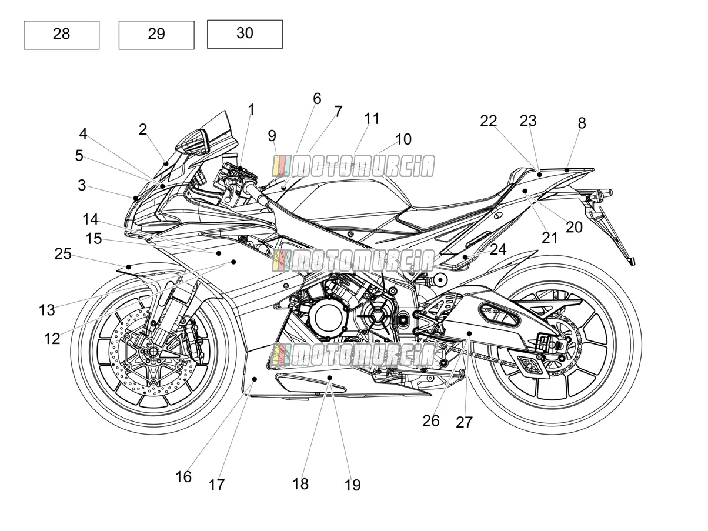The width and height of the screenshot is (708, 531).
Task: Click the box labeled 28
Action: click(61, 35)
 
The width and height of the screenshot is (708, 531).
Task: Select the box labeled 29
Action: click(156, 35)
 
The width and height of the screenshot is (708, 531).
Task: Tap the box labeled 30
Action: click(245, 34)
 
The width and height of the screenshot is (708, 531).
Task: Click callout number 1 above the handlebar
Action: click(252, 109)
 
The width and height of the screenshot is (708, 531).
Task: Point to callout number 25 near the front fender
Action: click(63, 253)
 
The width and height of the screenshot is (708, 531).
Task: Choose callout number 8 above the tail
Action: click(582, 123)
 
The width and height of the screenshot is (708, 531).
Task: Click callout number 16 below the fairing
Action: click(183, 476)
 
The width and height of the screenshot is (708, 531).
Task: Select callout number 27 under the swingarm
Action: click(464, 422)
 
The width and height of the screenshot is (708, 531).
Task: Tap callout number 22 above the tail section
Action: click(488, 121)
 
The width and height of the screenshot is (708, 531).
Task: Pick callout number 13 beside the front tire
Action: click(47, 310)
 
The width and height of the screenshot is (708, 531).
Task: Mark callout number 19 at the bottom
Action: click(353, 485)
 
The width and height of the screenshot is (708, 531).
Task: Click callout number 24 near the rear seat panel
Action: click(498, 249)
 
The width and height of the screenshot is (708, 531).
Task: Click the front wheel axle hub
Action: click(152, 351)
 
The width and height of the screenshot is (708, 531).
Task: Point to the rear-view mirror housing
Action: click(193, 142)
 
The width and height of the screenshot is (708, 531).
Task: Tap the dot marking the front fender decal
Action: click(128, 267)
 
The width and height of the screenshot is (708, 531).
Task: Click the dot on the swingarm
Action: click(469, 333)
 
